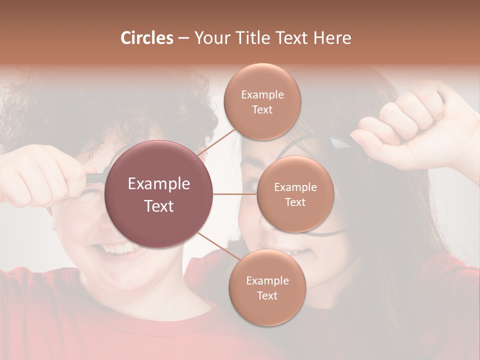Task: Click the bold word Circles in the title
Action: (147, 37)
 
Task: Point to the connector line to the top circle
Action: (216, 143)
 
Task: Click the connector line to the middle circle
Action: (235, 194)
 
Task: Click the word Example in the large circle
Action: (159, 184)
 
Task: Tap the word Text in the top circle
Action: (262, 110)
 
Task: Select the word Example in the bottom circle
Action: (267, 281)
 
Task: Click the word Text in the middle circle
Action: (295, 202)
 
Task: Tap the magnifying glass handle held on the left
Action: (95, 177)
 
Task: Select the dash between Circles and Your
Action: (183, 38)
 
